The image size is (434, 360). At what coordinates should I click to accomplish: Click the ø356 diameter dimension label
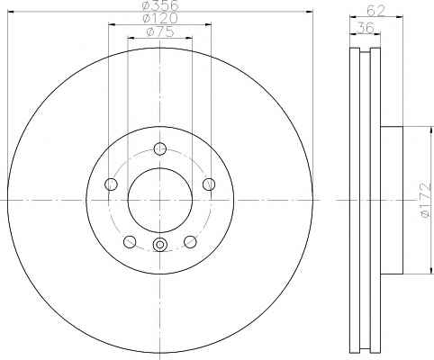click(160, 5)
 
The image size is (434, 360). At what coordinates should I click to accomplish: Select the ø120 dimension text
click(160, 18)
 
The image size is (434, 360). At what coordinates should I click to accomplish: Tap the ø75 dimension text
click(160, 31)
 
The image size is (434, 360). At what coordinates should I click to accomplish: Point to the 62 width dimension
click(376, 11)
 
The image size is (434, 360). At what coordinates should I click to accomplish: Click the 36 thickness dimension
click(366, 28)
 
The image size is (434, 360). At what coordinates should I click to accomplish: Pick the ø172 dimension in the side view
click(427, 201)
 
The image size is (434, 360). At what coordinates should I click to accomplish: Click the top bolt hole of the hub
click(160, 148)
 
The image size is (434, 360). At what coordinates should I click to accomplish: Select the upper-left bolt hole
click(111, 184)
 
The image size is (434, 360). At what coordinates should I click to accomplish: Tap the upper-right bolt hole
click(209, 184)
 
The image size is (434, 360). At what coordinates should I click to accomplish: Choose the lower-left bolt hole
click(130, 242)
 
